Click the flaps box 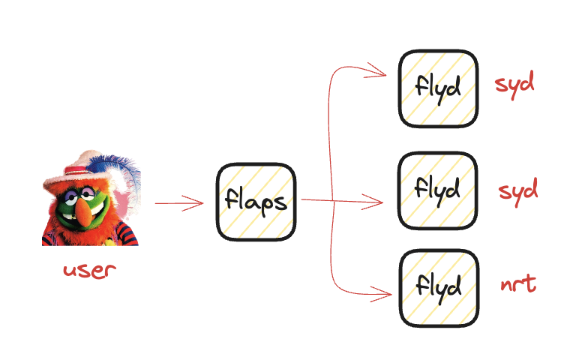256,201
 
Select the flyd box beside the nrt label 438,288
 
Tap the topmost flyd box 438,88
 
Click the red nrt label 518,285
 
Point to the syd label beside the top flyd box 514,83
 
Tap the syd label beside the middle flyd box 518,190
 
